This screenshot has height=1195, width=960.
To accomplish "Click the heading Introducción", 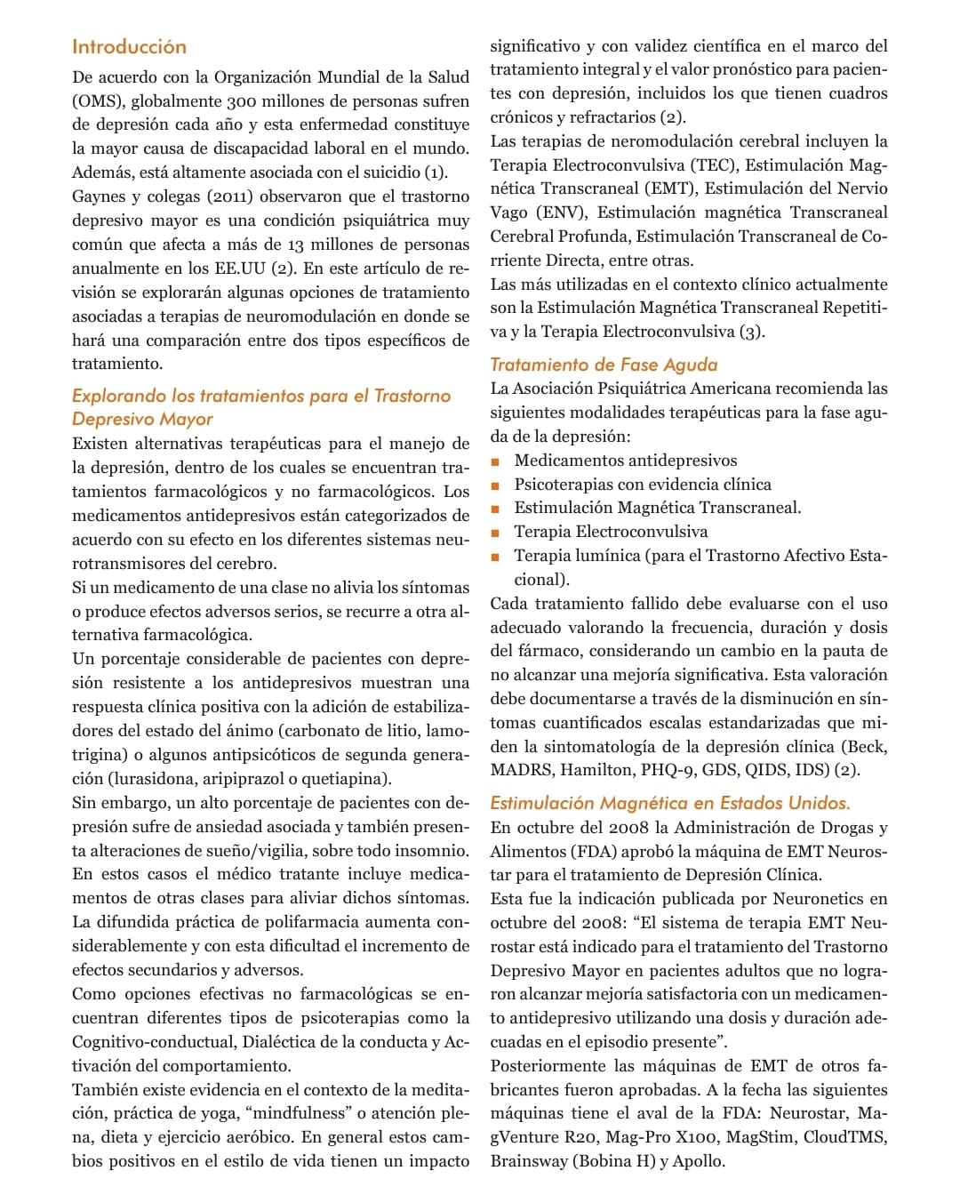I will pyautogui.click(x=129, y=47).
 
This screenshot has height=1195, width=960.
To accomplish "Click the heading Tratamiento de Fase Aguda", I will pyautogui.click(x=604, y=365).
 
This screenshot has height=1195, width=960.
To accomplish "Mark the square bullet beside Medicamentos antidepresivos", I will pyautogui.click(x=495, y=461).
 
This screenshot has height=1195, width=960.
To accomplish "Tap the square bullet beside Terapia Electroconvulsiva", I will pyautogui.click(x=495, y=533).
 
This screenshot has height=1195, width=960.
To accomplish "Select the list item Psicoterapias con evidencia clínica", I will pyautogui.click(x=643, y=485).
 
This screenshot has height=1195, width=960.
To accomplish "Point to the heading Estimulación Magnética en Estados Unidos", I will pyautogui.click(x=670, y=803).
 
